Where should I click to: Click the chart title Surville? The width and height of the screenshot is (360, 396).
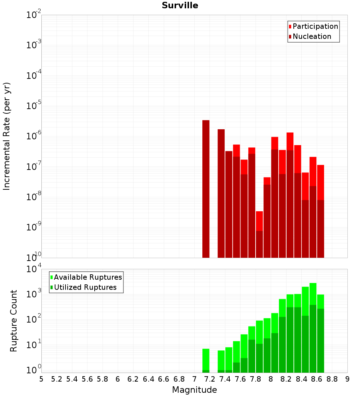180,5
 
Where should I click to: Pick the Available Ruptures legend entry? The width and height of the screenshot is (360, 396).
87,277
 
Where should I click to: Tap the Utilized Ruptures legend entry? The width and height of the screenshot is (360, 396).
85,287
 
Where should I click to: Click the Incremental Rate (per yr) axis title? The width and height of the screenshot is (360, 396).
7,136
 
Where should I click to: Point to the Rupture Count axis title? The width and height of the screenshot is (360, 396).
14,321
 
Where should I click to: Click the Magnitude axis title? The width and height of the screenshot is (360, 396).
194,390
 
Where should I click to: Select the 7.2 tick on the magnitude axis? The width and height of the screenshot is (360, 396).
210,379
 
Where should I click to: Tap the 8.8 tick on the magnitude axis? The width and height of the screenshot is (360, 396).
332,379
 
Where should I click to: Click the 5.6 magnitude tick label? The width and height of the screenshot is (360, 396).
87,379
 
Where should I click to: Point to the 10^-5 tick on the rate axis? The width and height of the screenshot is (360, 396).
33,106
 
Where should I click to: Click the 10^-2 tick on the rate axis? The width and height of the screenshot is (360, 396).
33,15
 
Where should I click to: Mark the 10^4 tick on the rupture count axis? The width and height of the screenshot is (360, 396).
35,269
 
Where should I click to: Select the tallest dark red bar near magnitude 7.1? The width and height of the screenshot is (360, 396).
206,189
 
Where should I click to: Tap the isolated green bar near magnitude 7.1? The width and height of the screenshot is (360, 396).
206,360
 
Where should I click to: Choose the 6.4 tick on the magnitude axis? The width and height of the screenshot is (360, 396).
148,379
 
